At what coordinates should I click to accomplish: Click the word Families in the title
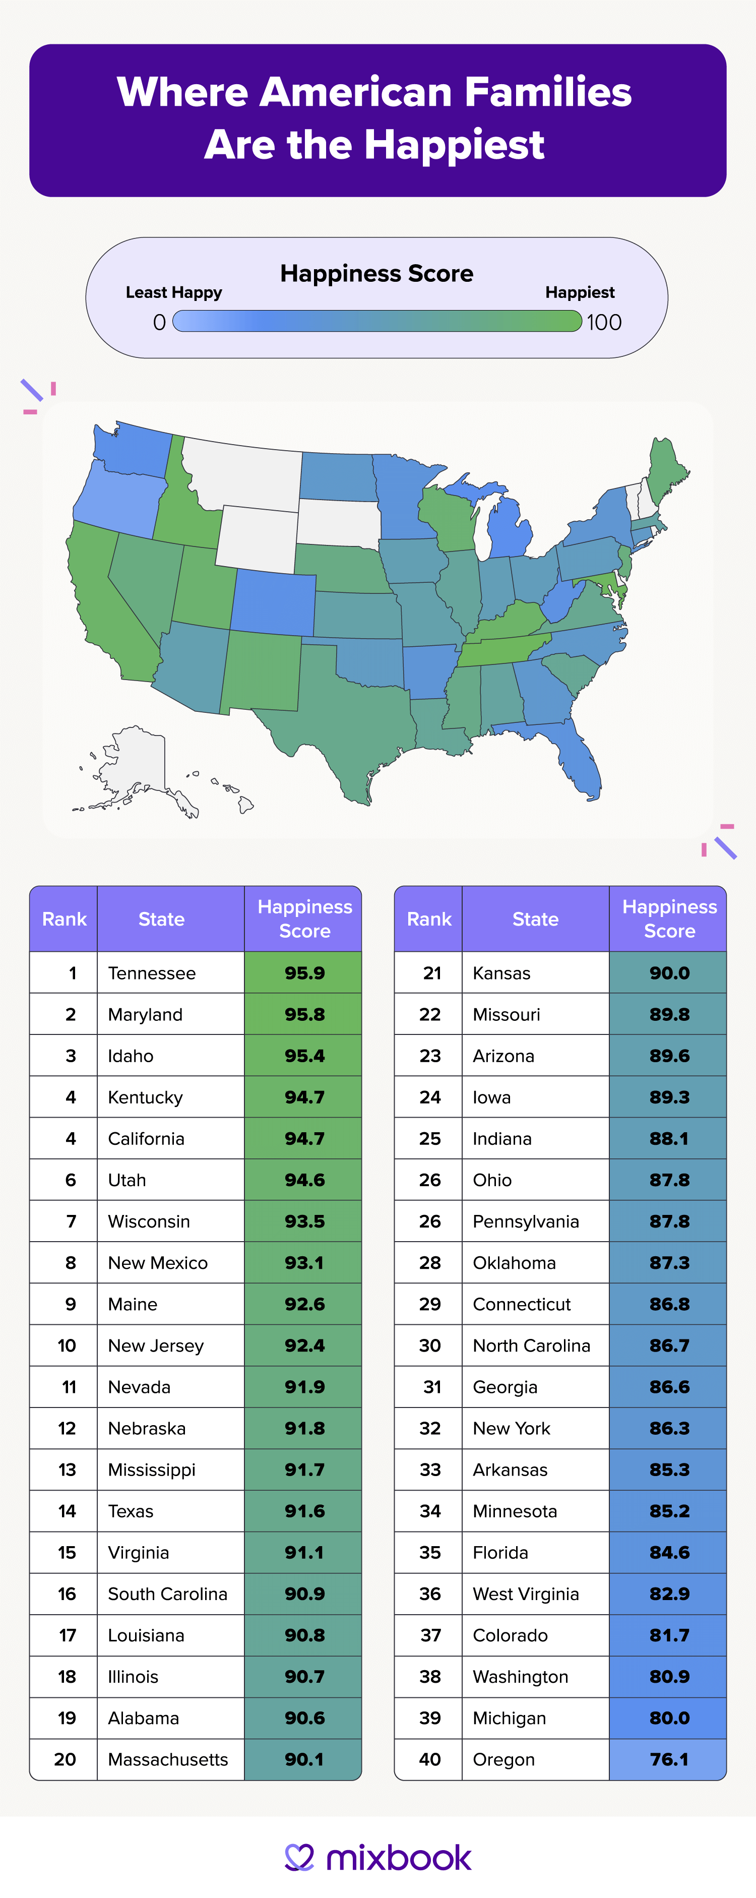[x=547, y=92]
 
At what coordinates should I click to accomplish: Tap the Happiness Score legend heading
[x=376, y=273]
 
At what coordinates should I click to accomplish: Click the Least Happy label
[x=173, y=292]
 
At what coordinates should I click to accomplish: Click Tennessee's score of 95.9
[x=304, y=972]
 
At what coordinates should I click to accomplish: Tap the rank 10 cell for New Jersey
[x=67, y=1345]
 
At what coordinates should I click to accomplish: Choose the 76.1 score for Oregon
[x=669, y=1759]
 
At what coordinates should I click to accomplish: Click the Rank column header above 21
[x=429, y=919]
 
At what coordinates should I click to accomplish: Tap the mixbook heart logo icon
[x=300, y=1857]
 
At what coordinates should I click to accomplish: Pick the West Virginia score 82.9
[x=669, y=1594]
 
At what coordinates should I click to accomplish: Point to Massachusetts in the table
[x=168, y=1759]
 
